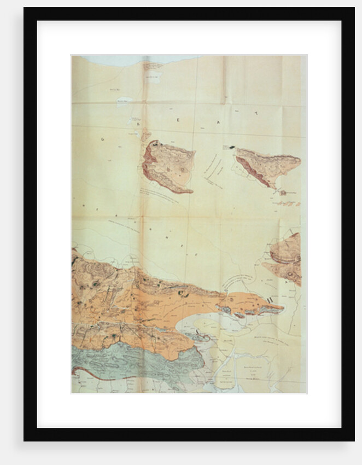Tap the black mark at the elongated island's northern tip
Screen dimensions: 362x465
[x=232, y=147]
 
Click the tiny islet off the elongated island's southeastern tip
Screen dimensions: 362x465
[x=283, y=192]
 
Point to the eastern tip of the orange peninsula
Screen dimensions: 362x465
[x=281, y=308]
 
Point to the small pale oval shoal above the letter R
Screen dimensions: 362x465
[x=125, y=100]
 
